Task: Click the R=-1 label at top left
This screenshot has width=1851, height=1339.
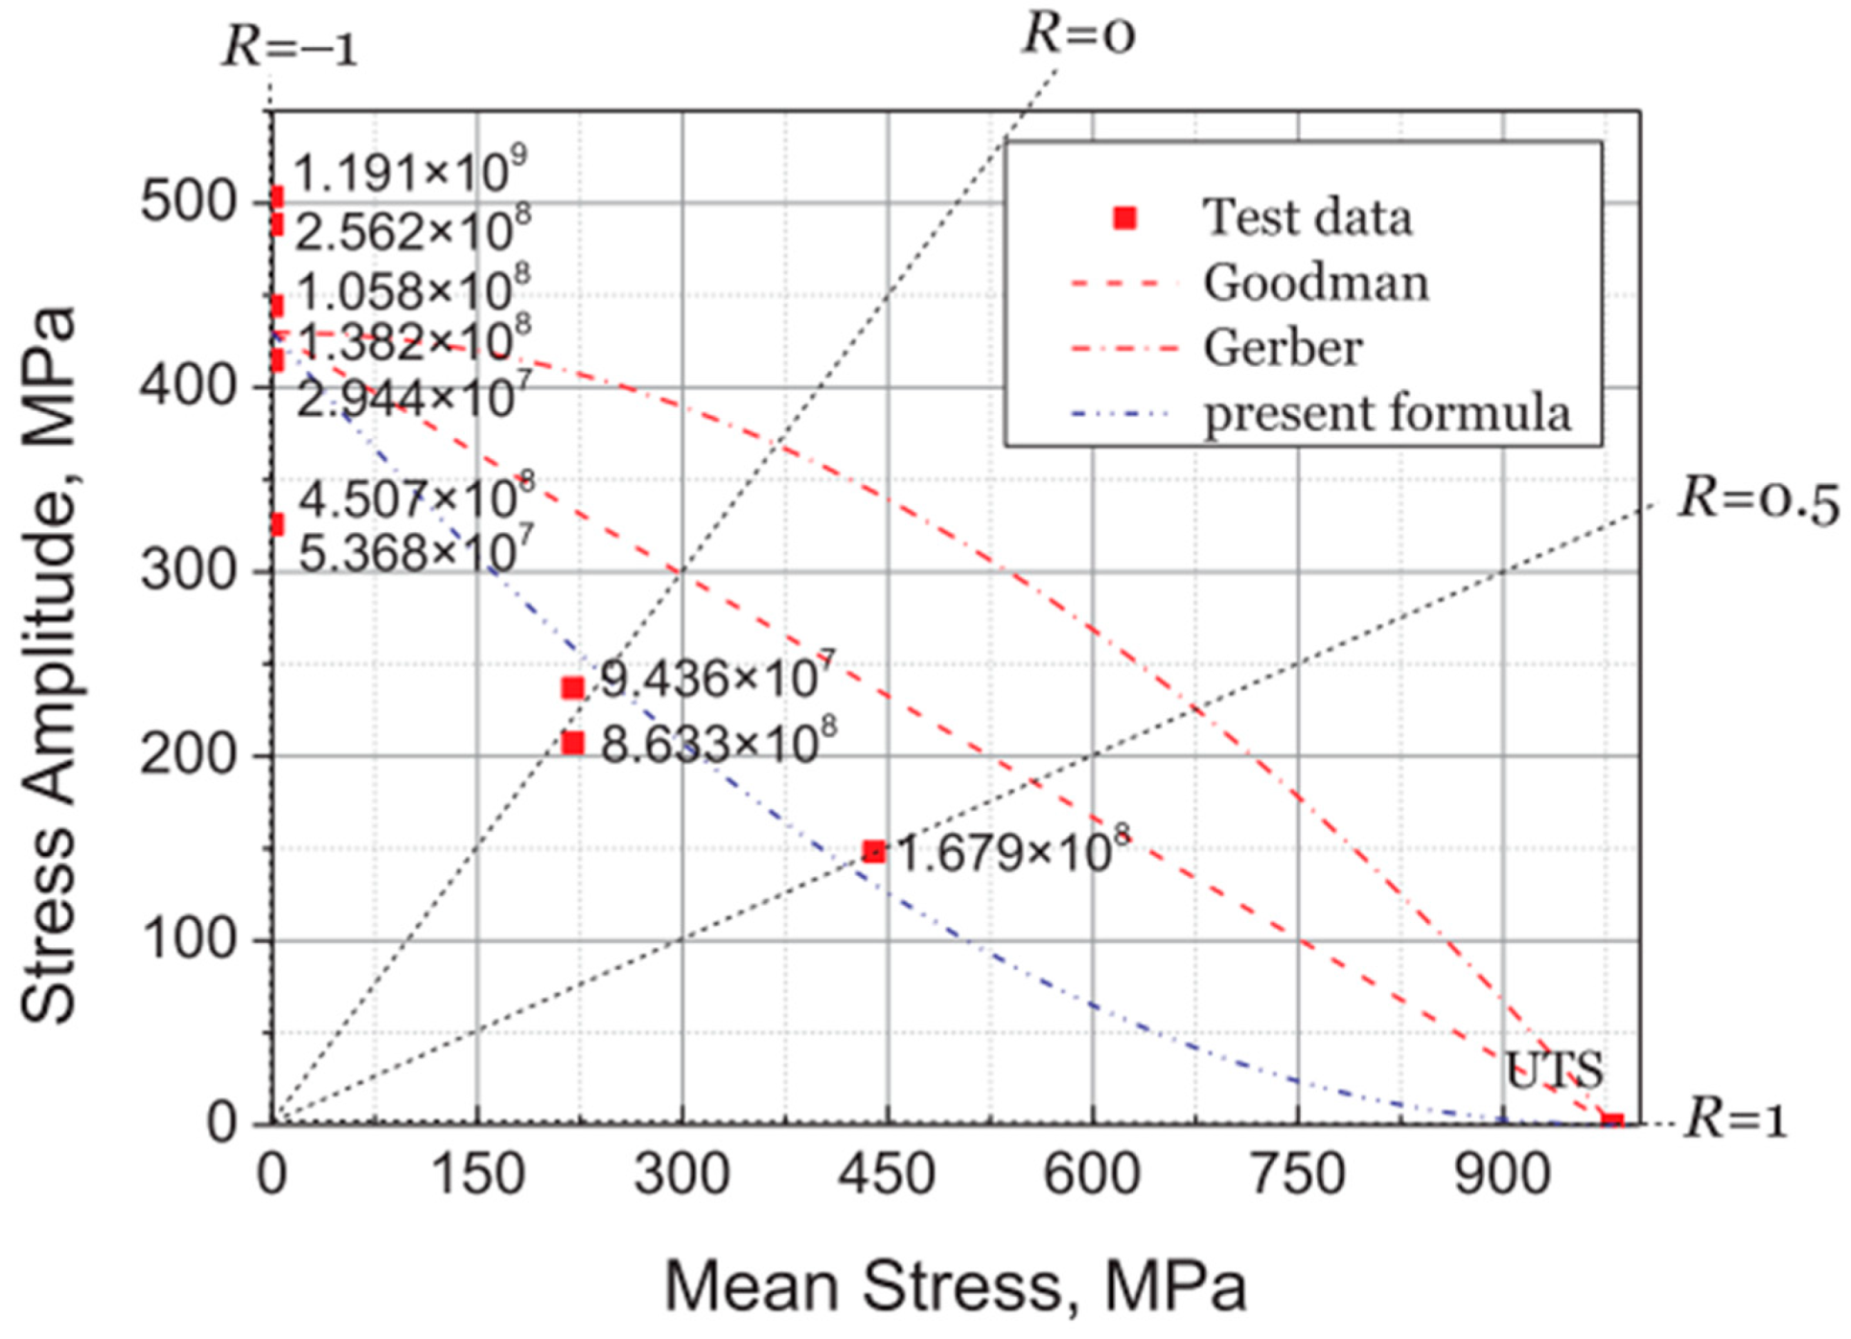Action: (289, 46)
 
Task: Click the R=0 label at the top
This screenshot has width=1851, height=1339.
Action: (1078, 34)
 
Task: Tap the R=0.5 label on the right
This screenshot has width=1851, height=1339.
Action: (1758, 499)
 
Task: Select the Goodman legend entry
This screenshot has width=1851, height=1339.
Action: (1314, 283)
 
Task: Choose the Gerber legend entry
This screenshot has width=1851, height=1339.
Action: (1282, 347)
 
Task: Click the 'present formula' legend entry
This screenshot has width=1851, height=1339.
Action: (1386, 413)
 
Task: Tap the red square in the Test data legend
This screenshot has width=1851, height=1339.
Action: (1125, 219)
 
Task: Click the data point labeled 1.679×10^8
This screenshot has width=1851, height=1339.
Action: (873, 851)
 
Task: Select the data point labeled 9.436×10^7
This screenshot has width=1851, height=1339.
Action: (572, 687)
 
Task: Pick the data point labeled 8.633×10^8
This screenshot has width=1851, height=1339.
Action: (572, 743)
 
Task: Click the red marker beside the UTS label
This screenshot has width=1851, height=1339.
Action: (1612, 1121)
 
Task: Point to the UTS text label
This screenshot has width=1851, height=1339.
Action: (1553, 1071)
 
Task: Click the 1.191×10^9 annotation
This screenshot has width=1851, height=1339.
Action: (409, 173)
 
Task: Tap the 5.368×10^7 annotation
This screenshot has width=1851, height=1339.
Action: (415, 552)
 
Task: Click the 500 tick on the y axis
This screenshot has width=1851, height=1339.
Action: (188, 202)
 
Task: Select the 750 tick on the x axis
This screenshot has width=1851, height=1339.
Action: (1298, 1173)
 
